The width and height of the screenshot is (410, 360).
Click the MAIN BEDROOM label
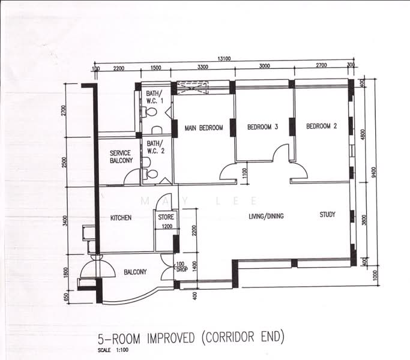coord(203,128)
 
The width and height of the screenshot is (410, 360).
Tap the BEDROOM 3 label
coord(262,127)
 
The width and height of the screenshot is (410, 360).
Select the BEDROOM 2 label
coord(321,127)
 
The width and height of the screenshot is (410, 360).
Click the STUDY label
coord(327,214)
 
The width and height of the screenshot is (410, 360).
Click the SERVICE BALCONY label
coord(120,157)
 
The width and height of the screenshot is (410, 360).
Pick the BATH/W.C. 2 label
coord(154,148)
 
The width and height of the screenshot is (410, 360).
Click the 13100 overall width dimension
coord(225,59)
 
